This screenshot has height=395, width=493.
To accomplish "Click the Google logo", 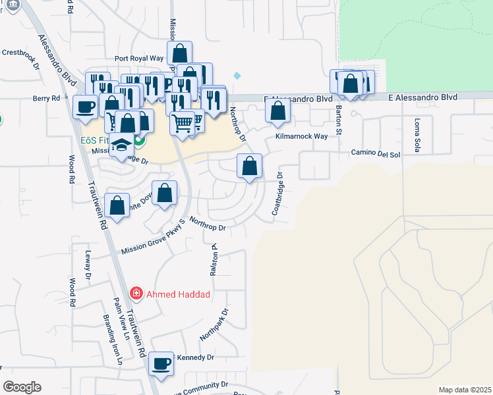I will coord(22,387).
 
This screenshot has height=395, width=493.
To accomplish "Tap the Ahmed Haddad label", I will coord(178,294).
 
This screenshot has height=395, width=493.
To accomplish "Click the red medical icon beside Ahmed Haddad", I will coord(136,292).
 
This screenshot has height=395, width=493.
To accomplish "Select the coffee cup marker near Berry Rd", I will coord(85,107).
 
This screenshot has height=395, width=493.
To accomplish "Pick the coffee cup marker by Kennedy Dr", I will coord(160,363).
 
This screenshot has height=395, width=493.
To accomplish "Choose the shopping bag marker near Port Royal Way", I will coord(180,53).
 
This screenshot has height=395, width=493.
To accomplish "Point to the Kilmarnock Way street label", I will coord(301,136).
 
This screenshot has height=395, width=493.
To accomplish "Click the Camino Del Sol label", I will coord(375,154).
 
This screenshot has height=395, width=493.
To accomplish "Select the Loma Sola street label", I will coord(417,133).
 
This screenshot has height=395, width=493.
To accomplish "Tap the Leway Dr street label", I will coord(87,263).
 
